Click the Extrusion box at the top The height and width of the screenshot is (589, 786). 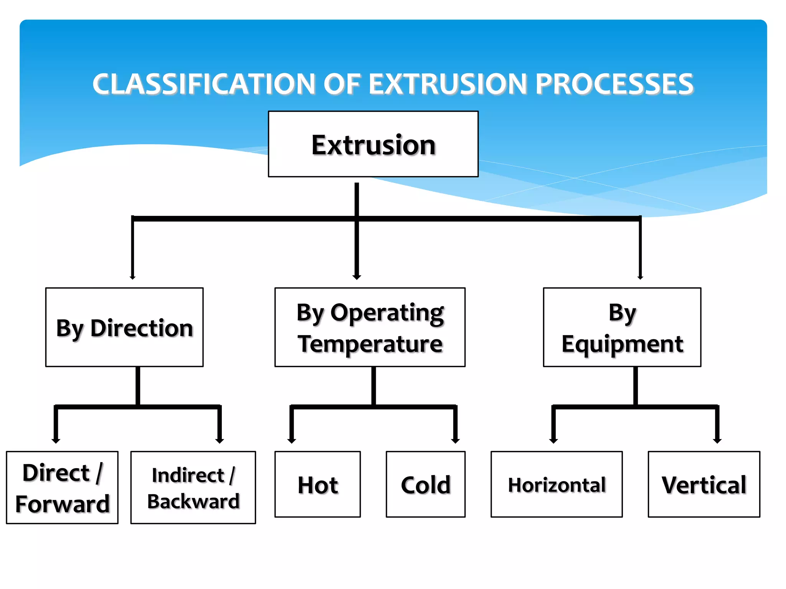click(x=373, y=144)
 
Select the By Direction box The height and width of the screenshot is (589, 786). click(x=124, y=327)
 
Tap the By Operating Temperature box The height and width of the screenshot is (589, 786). click(x=370, y=327)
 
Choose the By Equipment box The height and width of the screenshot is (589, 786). click(x=622, y=327)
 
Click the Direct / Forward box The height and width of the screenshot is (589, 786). click(x=62, y=487)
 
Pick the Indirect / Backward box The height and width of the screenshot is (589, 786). click(x=193, y=487)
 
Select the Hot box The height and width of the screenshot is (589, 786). click(x=318, y=484)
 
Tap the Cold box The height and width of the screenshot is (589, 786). click(x=426, y=484)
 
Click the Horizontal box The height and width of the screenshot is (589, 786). click(x=556, y=484)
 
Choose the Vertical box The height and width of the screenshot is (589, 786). click(x=704, y=484)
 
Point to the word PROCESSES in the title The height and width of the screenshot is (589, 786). click(x=614, y=84)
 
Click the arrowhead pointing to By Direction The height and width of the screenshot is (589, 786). click(x=133, y=277)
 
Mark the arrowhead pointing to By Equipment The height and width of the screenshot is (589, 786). click(x=640, y=277)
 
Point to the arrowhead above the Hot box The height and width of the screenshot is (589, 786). click(x=292, y=441)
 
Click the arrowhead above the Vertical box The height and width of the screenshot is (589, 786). click(x=717, y=441)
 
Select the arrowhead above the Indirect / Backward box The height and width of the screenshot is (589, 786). click(x=220, y=441)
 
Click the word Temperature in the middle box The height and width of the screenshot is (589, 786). click(x=370, y=344)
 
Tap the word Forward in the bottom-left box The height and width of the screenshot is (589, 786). click(x=62, y=503)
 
